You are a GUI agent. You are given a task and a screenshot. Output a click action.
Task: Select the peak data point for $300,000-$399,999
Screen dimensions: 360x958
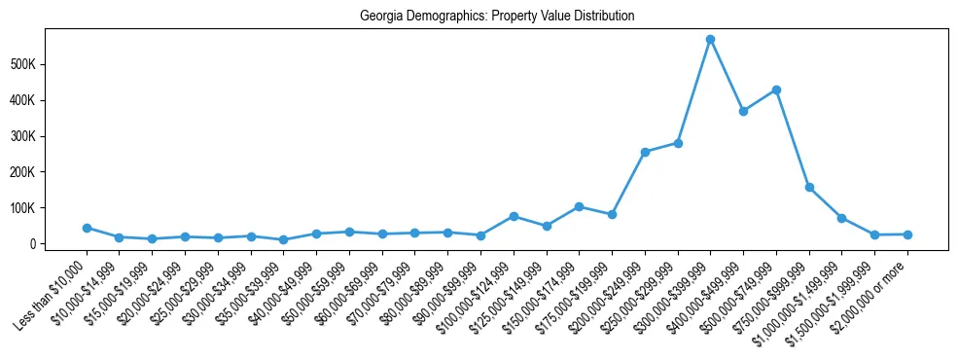click(710, 40)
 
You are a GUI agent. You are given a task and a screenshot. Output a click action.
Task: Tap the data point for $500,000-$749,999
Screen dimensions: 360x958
click(776, 90)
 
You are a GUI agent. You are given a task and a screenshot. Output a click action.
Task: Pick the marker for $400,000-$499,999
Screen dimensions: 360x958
click(743, 111)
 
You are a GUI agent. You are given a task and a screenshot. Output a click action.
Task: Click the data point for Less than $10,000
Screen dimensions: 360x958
click(87, 228)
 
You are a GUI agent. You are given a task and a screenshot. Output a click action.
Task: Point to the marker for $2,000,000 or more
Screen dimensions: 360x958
click(907, 234)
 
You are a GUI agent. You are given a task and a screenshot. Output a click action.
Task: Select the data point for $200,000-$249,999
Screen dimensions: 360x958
click(645, 152)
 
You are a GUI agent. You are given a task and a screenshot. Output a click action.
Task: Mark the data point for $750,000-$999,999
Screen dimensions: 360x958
click(809, 187)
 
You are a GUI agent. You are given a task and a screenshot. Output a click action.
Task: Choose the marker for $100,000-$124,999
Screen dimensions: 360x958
click(514, 216)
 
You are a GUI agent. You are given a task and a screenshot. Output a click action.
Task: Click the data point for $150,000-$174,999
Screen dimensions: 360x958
click(579, 206)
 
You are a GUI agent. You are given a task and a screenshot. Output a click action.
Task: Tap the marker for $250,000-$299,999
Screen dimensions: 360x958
click(678, 143)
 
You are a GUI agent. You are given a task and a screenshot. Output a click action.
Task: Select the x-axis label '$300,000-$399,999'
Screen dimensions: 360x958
click(676, 294)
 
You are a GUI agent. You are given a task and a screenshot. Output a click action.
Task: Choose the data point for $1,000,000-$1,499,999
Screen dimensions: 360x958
click(841, 218)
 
